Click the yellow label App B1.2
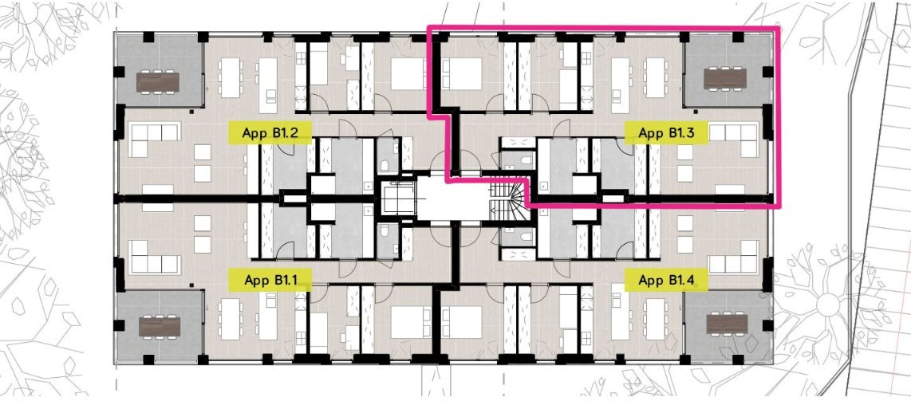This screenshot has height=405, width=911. (270, 133)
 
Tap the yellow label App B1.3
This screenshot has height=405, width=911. (666, 133)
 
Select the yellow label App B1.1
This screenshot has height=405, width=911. (270, 280)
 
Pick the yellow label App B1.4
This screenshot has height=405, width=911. (666, 281)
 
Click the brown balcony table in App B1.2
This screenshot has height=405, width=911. (157, 81)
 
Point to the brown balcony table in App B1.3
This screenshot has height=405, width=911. (725, 78)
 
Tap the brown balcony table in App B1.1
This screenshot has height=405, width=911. (160, 326)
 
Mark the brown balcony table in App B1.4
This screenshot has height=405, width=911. (727, 323)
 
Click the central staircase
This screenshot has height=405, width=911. (509, 200)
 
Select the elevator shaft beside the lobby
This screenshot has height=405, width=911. (396, 200)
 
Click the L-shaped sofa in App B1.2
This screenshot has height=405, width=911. (153, 140)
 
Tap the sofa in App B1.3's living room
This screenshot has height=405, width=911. (733, 140)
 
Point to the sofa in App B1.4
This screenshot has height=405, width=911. (733, 256)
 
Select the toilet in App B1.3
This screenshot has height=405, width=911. (525, 160)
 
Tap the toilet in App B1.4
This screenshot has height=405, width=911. (525, 237)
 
